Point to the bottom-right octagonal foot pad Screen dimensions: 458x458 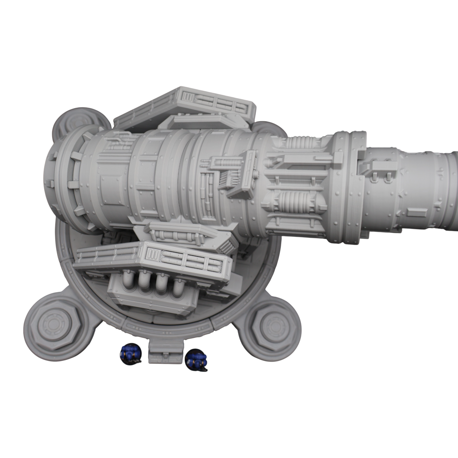(273, 324)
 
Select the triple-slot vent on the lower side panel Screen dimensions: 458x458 (152, 254)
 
